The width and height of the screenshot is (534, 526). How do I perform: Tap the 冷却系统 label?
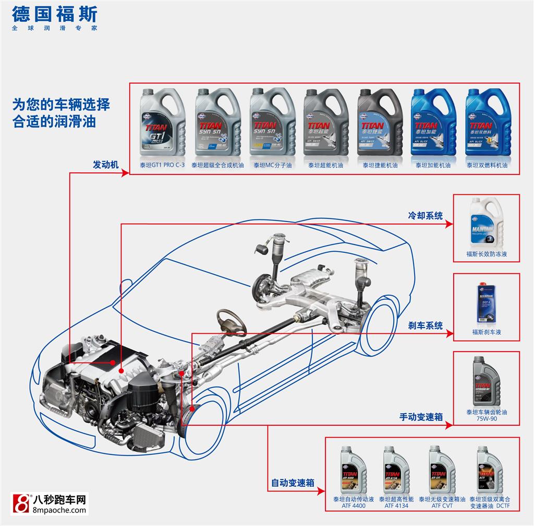(425, 215)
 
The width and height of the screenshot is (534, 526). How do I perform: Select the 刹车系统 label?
(426, 326)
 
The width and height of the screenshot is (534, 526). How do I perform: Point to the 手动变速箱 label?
(421, 417)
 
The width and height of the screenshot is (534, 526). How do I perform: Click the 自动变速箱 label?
(293, 483)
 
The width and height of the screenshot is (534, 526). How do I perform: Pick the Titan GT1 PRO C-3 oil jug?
(162, 122)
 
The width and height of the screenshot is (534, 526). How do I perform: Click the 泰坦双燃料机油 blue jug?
(487, 122)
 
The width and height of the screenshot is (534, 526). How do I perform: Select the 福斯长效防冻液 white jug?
(486, 222)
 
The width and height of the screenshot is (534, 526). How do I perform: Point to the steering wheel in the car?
(232, 321)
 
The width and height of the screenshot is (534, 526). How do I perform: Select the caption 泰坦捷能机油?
(380, 165)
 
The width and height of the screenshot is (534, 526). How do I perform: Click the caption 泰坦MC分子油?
(273, 165)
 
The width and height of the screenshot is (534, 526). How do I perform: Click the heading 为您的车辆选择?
(61, 104)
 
